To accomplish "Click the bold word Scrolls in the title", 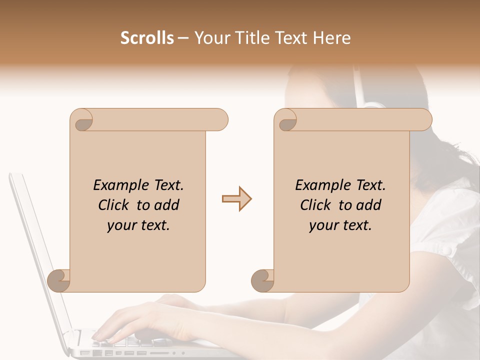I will pos(147,38).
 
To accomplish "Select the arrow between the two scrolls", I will pos(236,199).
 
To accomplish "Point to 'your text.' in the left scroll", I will pos(138,225).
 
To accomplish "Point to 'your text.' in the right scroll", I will pos(340,225).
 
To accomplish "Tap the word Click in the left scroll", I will pos(115,205).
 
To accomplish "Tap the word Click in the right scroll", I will pos(317,205).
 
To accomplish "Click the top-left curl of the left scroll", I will pos(81,120).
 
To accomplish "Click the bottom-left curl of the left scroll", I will pos(59,280).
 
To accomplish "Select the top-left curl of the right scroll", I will pos(285,120).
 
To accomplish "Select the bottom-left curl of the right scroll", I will pos(262,280).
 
